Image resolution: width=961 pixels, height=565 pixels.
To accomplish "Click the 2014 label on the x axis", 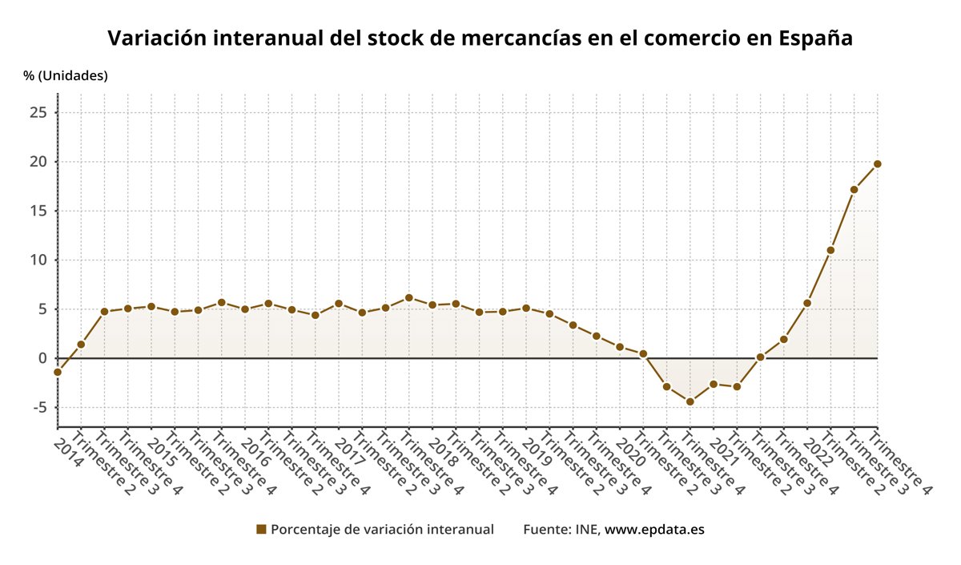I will coord(70,448).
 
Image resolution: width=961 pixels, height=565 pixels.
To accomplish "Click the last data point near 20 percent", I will coord(877,163).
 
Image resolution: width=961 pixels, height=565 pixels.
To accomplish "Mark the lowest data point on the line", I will coord(690,402).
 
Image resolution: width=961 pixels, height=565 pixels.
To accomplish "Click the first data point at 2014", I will coord(58,372).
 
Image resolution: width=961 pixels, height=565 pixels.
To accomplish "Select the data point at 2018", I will coord(432,305).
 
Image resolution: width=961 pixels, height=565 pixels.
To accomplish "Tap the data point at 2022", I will coord(806,303).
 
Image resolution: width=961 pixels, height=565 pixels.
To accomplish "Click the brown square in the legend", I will coord(260,530).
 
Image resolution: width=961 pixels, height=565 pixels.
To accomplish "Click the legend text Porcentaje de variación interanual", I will coord(382,530).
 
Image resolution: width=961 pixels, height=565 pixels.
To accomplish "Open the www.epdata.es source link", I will coord(654,530).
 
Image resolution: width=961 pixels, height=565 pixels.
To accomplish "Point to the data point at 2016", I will coord(245,309).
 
